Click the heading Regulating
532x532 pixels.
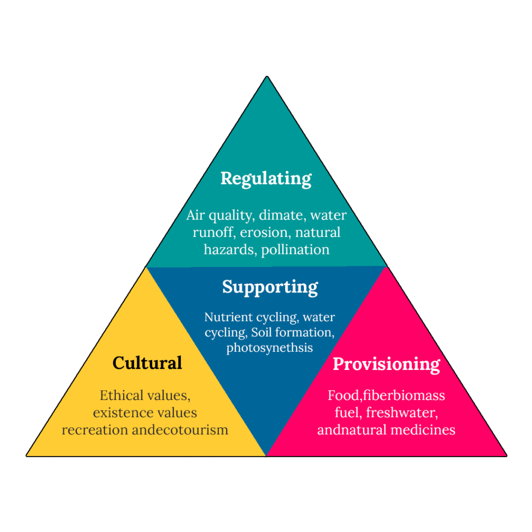(x=266, y=178)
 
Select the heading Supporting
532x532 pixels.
(x=270, y=287)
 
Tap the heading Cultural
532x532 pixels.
(x=147, y=363)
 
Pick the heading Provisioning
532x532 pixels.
(x=387, y=364)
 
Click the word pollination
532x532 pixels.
(x=295, y=249)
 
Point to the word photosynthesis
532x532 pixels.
(x=269, y=348)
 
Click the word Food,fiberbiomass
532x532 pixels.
(x=386, y=395)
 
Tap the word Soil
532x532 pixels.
(x=262, y=332)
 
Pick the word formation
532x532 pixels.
(x=304, y=332)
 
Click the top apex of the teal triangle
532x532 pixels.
(x=267, y=77)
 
